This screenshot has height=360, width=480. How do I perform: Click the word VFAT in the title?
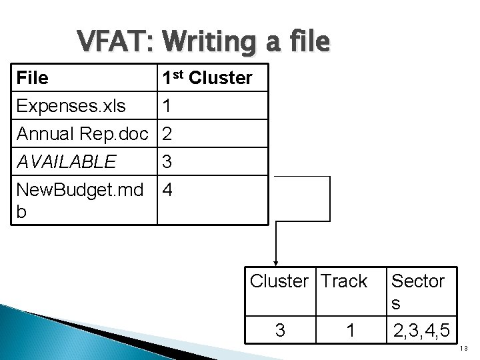[114, 42]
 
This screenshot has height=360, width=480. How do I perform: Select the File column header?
[32, 78]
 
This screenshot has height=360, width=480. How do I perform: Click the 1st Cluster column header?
[207, 77]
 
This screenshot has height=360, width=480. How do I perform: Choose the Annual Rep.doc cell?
[83, 134]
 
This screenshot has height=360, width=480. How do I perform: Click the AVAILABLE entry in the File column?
[67, 161]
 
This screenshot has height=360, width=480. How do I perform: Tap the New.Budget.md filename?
[79, 191]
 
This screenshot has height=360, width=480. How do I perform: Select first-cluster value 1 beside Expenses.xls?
[167, 106]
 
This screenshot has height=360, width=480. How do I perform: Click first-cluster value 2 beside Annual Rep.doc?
[167, 134]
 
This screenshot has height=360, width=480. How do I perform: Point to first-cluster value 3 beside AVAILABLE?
[167, 162]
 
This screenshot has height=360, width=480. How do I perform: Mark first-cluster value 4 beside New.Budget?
[167, 190]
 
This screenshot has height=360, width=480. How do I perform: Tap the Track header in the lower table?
[343, 281]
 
